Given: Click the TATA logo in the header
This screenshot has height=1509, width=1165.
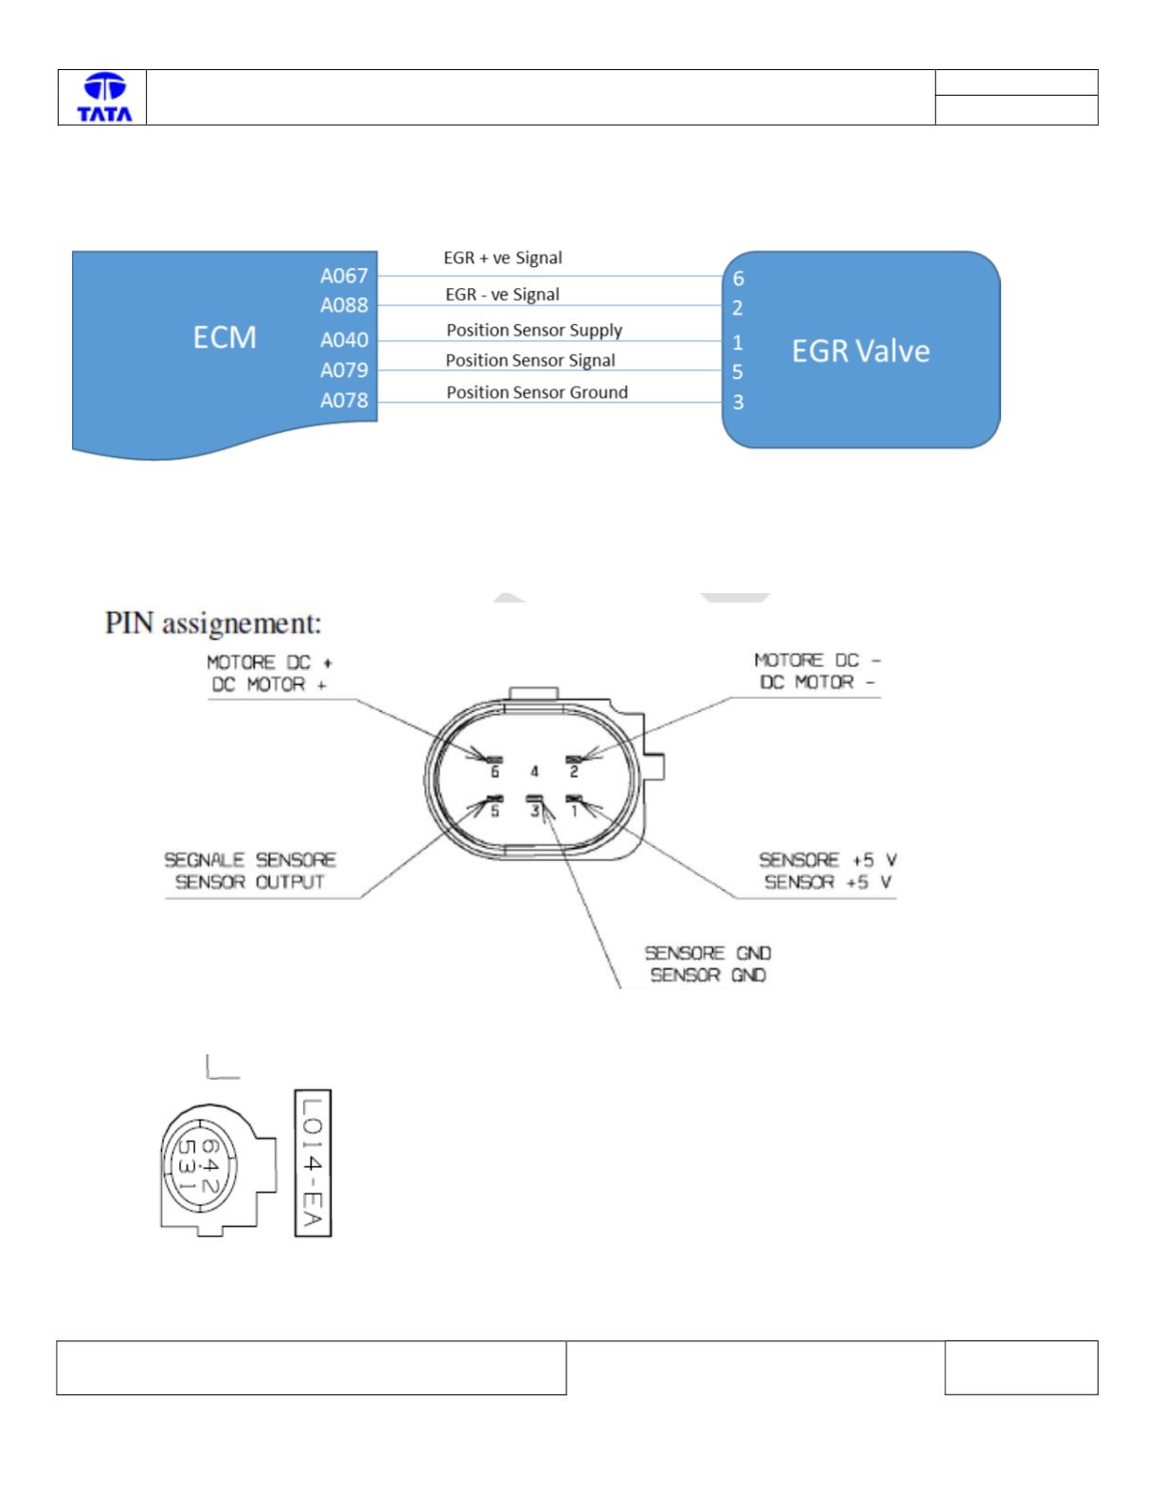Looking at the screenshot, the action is coord(104,98).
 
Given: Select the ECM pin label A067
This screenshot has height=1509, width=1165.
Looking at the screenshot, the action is coord(344,277).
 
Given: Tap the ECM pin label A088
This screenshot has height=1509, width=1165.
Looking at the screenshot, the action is coord(344,306).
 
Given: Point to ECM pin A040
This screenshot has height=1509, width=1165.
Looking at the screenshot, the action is coord(344,340).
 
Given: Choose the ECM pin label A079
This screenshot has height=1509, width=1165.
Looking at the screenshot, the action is coord(344,370).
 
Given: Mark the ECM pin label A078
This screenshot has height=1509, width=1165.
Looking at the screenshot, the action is coord(344,401).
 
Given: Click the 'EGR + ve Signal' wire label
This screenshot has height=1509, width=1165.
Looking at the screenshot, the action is coord(503,259).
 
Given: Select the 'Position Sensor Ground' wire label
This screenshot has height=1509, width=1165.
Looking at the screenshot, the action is coord(537,392).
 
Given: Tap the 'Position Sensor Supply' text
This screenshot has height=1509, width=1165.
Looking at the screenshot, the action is coord(534,331).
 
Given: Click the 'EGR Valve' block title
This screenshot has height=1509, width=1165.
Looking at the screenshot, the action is coord(860,351).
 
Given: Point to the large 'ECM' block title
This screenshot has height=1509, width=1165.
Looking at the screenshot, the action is coord(224,338).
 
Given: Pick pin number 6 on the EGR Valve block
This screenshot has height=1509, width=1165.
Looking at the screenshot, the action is coord(738,279).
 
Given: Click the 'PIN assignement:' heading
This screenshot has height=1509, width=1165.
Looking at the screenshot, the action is coord(213,623).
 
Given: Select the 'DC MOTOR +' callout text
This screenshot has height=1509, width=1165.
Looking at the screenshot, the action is coord(269,686).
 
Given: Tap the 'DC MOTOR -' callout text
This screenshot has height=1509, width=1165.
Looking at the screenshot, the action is coord(817,683).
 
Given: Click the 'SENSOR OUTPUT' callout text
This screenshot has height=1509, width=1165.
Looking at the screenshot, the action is coord(249,883).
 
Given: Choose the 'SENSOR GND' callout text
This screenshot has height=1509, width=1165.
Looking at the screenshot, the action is coord(708,976).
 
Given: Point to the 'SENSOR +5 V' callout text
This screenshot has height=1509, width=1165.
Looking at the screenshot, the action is coord(828,883).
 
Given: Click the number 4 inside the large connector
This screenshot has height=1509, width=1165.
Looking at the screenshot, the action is coord(534,771).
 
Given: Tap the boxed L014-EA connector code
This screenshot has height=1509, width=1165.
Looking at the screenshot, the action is coord(313,1162).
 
